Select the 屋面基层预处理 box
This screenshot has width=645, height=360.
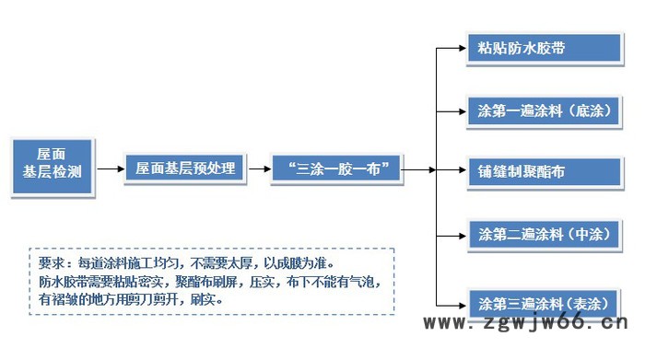pyautogui.click(x=185, y=169)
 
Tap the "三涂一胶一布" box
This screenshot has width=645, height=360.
pyautogui.click(x=336, y=169)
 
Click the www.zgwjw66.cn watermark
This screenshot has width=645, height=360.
pyautogui.click(x=529, y=323)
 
